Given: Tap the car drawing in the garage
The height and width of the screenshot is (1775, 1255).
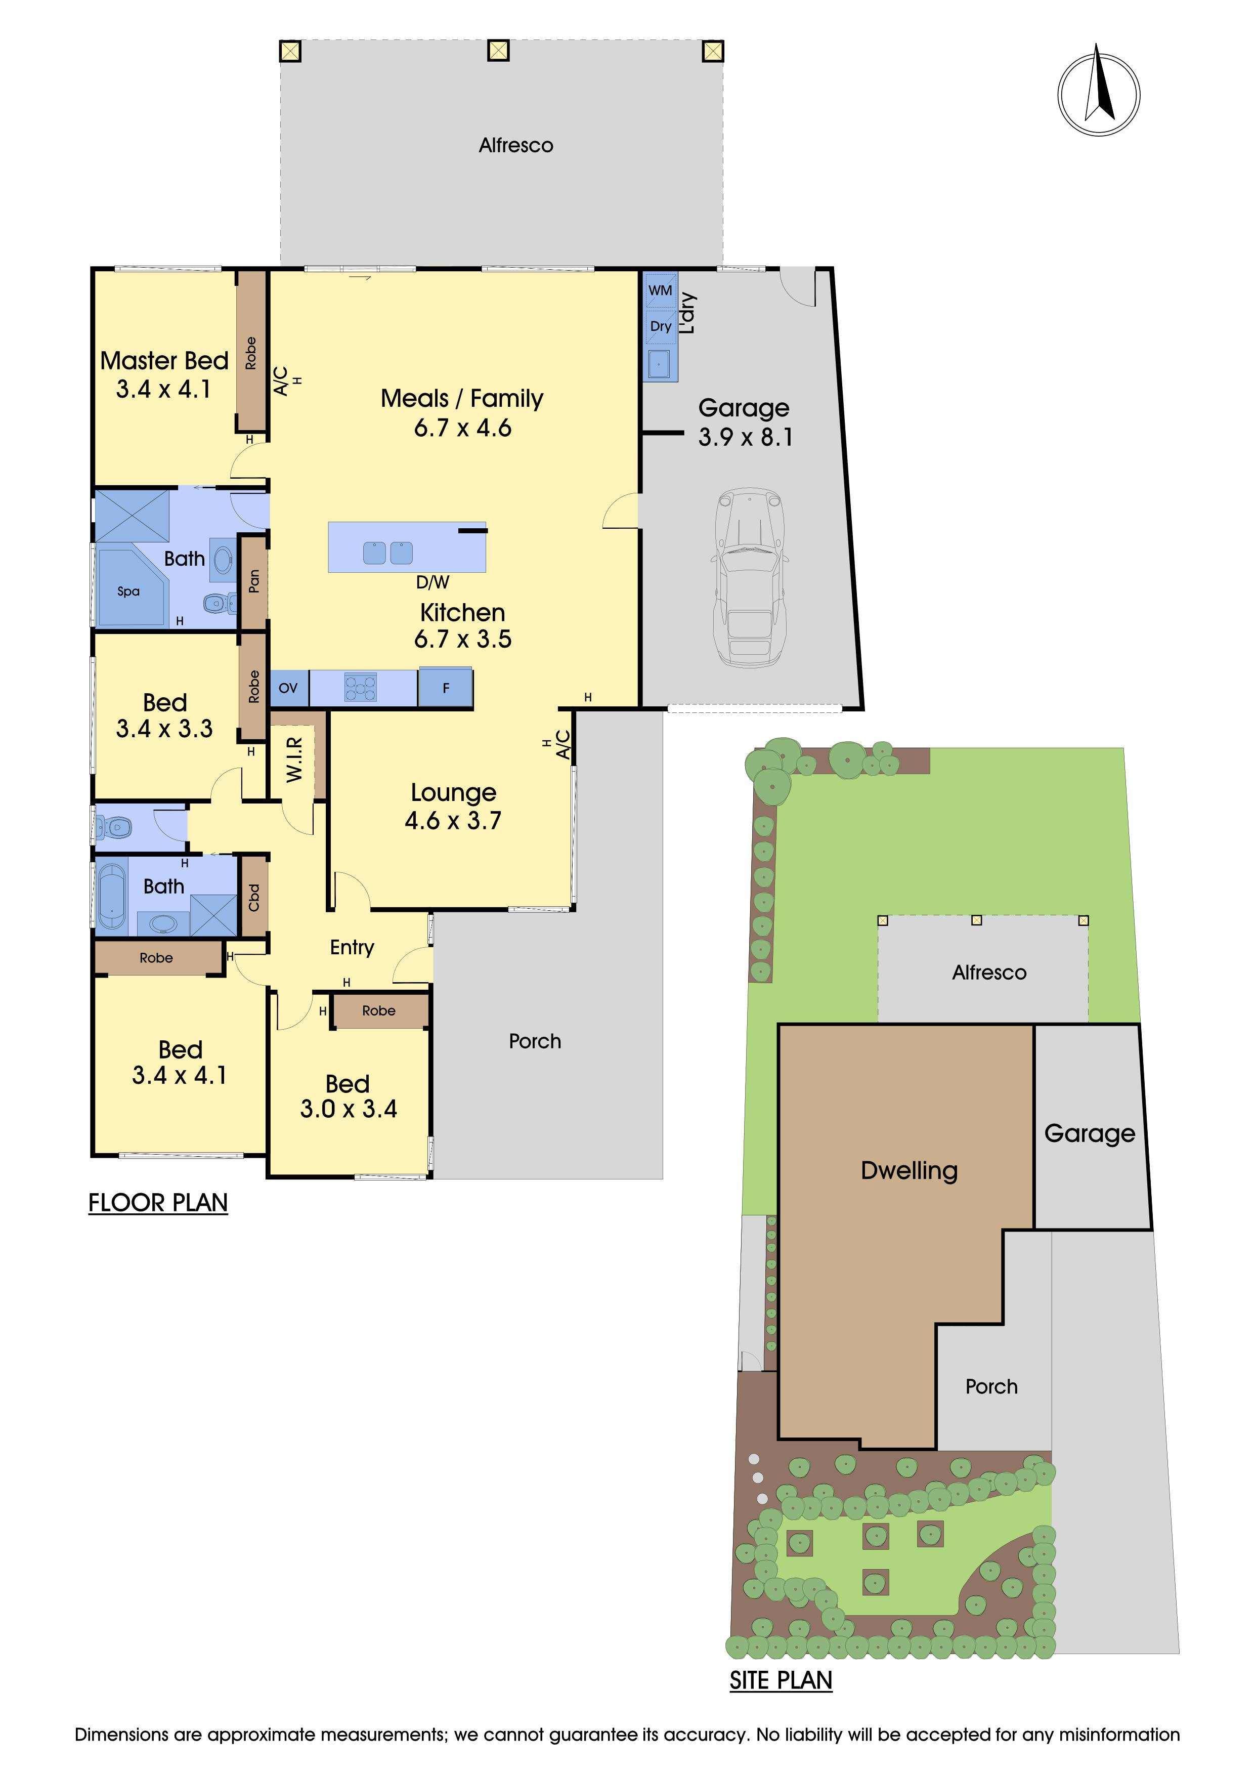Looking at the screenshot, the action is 750,577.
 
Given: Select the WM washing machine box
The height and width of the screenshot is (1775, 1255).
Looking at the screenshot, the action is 661,290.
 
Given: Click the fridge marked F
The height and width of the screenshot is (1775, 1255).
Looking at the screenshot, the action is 446,687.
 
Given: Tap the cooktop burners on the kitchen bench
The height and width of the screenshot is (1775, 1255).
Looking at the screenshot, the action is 360,687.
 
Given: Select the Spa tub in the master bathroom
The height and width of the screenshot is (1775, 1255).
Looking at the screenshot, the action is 130,587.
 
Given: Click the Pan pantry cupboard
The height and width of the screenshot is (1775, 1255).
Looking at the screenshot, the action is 253,581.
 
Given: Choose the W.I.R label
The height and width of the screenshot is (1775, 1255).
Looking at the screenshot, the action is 294,759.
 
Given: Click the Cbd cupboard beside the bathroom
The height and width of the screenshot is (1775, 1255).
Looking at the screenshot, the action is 253,897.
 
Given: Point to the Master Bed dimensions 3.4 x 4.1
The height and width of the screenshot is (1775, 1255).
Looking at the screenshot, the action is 164,389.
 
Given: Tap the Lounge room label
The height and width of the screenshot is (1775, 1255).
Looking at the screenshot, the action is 454,792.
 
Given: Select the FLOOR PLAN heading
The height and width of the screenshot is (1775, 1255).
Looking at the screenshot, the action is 158,1203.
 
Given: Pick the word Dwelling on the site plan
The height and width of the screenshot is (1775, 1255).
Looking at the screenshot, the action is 910,1170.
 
